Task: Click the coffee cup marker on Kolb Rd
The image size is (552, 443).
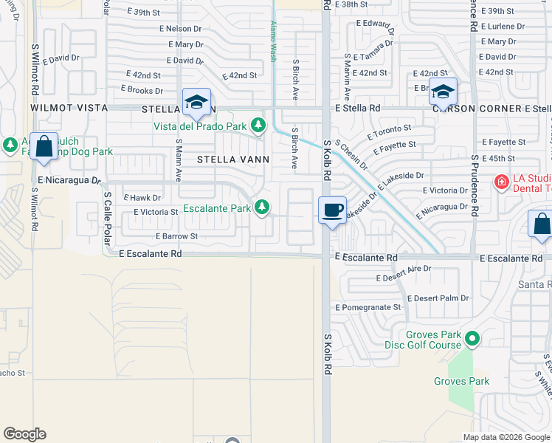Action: (333, 210)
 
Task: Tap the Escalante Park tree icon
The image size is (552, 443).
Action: (261, 207)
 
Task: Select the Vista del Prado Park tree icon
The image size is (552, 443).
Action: (258, 126)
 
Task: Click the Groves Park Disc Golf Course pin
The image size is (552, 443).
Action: (472, 340)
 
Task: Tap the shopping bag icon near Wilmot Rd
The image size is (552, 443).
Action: (44, 146)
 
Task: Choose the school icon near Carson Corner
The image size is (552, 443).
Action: (443, 92)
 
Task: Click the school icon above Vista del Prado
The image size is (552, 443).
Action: (197, 103)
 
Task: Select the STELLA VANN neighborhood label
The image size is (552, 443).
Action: (232, 159)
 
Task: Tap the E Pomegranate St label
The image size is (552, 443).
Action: (368, 307)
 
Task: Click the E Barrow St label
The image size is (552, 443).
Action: (176, 236)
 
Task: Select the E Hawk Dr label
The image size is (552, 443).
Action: (142, 198)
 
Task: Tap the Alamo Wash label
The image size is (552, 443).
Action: (273, 41)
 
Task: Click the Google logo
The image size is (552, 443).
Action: (24, 434)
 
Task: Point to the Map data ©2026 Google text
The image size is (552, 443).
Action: (506, 437)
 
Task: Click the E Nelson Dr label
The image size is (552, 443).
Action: (180, 29)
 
